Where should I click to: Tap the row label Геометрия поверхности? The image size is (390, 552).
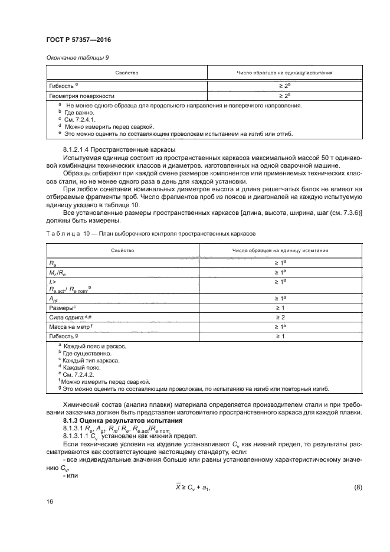(81, 95)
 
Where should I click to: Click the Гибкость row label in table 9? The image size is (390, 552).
(64, 86)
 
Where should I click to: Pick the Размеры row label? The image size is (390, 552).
(63, 308)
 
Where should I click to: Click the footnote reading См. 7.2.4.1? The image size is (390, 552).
(73, 119)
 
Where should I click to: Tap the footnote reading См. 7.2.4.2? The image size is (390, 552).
(73, 374)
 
